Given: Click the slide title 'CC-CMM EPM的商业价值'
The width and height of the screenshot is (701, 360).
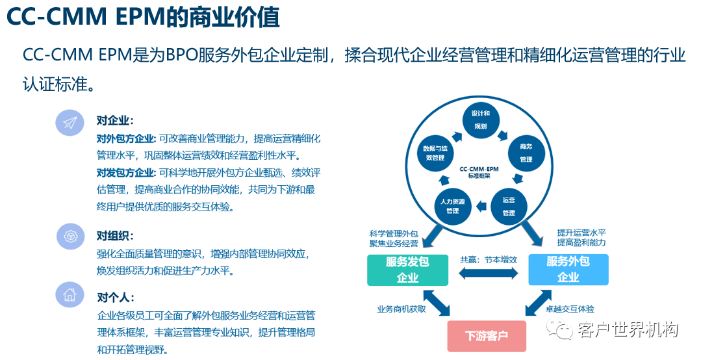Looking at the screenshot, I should coord(144,18).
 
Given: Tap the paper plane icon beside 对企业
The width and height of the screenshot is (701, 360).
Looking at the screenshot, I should coord(70,122).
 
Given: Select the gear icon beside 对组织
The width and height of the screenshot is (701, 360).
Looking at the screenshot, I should coord(70,236).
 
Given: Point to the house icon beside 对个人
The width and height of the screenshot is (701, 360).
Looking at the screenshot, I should coord(70,295).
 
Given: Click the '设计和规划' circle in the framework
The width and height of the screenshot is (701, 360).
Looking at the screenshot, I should coord(481,120).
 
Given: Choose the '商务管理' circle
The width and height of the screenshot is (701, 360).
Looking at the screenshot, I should coord(526,153).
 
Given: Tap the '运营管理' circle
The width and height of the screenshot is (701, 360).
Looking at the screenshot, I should coord(508,207).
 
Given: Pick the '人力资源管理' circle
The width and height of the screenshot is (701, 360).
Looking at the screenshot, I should coord(453,206).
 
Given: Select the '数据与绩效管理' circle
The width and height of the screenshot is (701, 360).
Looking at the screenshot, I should coord(435,153).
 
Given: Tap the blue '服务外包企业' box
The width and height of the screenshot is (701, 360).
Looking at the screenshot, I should coord(568,270).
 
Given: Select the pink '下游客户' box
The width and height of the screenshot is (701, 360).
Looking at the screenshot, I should coord(487,336).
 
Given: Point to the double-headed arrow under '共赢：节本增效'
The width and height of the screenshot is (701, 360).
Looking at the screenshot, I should coord(488,274).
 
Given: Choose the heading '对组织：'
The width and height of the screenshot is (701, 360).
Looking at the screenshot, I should coord(115,236).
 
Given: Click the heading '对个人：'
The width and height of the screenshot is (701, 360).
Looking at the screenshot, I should coord(115,298).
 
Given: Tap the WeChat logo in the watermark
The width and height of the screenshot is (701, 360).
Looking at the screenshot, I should coord(561,330).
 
